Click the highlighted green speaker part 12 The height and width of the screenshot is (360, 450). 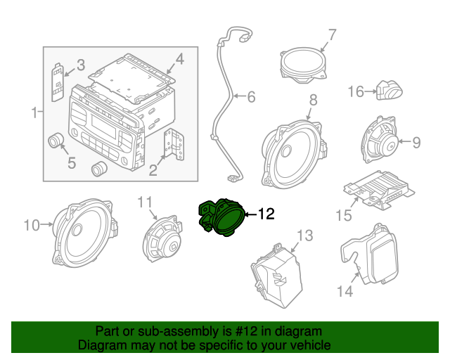(x=223, y=217)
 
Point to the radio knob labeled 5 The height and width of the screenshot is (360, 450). (x=56, y=141)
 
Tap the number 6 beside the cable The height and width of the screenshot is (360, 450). (x=250, y=96)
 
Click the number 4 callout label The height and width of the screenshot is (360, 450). (x=180, y=60)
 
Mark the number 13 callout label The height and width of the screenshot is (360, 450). (x=304, y=235)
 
